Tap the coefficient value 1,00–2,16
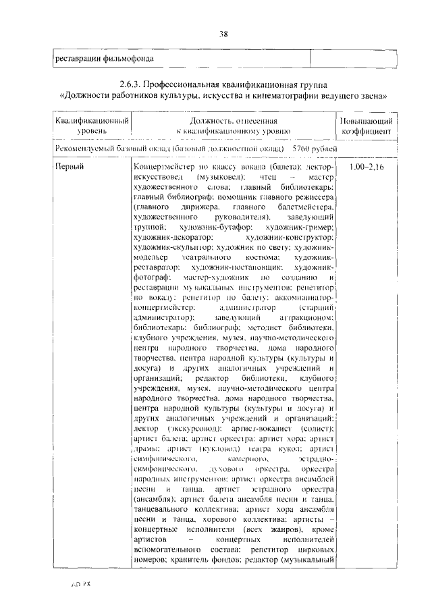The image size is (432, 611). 366,166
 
